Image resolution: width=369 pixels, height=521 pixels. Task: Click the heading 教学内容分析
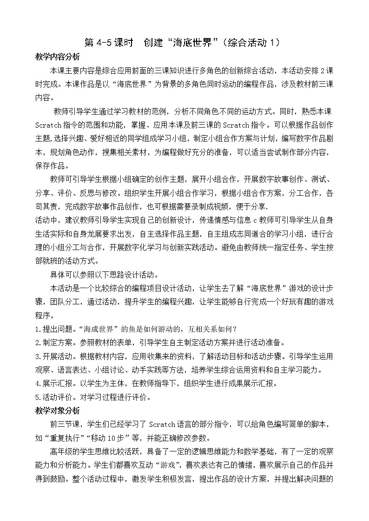point(58,57)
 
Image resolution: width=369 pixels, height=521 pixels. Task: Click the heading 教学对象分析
point(58,411)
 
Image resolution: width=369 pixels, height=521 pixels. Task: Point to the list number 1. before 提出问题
point(38,330)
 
